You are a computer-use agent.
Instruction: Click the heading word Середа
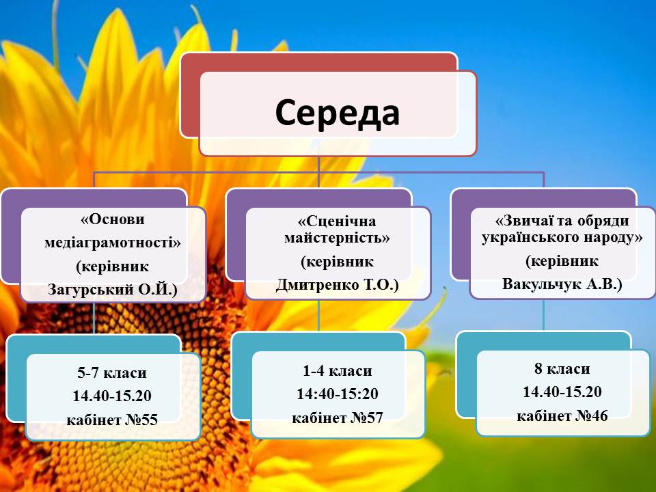coord(337,113)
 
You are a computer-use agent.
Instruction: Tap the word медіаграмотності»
coord(113,243)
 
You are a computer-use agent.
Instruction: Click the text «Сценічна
coord(337,221)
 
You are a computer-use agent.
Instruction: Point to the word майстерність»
coord(337,238)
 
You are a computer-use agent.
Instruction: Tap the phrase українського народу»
coord(562,237)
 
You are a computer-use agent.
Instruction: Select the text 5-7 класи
coord(112,373)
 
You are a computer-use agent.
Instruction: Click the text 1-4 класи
coord(337,370)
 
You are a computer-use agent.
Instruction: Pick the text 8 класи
coord(562,368)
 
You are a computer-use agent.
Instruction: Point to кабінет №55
coord(112,420)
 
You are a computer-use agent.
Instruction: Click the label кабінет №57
coord(337,418)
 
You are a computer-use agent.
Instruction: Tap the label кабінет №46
coord(562,415)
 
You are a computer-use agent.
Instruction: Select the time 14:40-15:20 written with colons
coord(337,394)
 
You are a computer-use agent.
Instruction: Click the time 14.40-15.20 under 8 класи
coord(562,392)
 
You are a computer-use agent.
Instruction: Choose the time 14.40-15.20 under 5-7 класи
coord(112,396)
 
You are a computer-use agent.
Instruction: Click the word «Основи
coord(113,219)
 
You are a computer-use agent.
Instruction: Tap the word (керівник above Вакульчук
coord(562,261)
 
